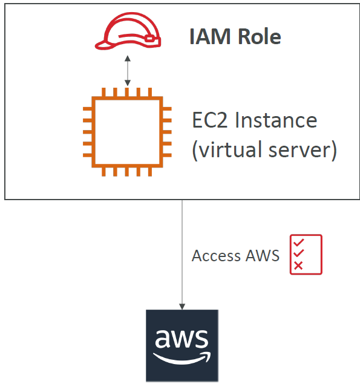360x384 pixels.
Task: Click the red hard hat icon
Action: pos(128,34)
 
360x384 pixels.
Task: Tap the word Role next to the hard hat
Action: pos(256,37)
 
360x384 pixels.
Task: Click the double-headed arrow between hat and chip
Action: pos(127,71)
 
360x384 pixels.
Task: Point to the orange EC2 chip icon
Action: pos(127,131)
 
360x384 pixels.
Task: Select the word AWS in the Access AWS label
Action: pos(263,255)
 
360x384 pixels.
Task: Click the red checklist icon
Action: pos(306,255)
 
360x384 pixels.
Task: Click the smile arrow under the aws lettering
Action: pos(182,358)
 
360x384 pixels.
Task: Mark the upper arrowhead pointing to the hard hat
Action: pos(127,59)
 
